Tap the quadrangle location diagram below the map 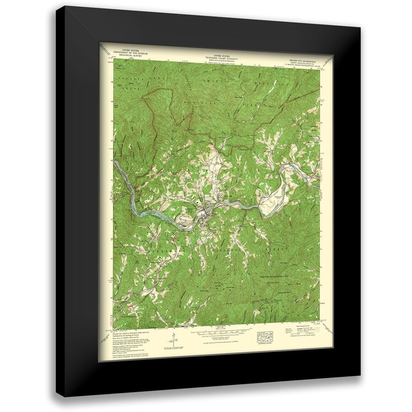(x=265, y=336)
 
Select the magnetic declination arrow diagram (x=170, y=339)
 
